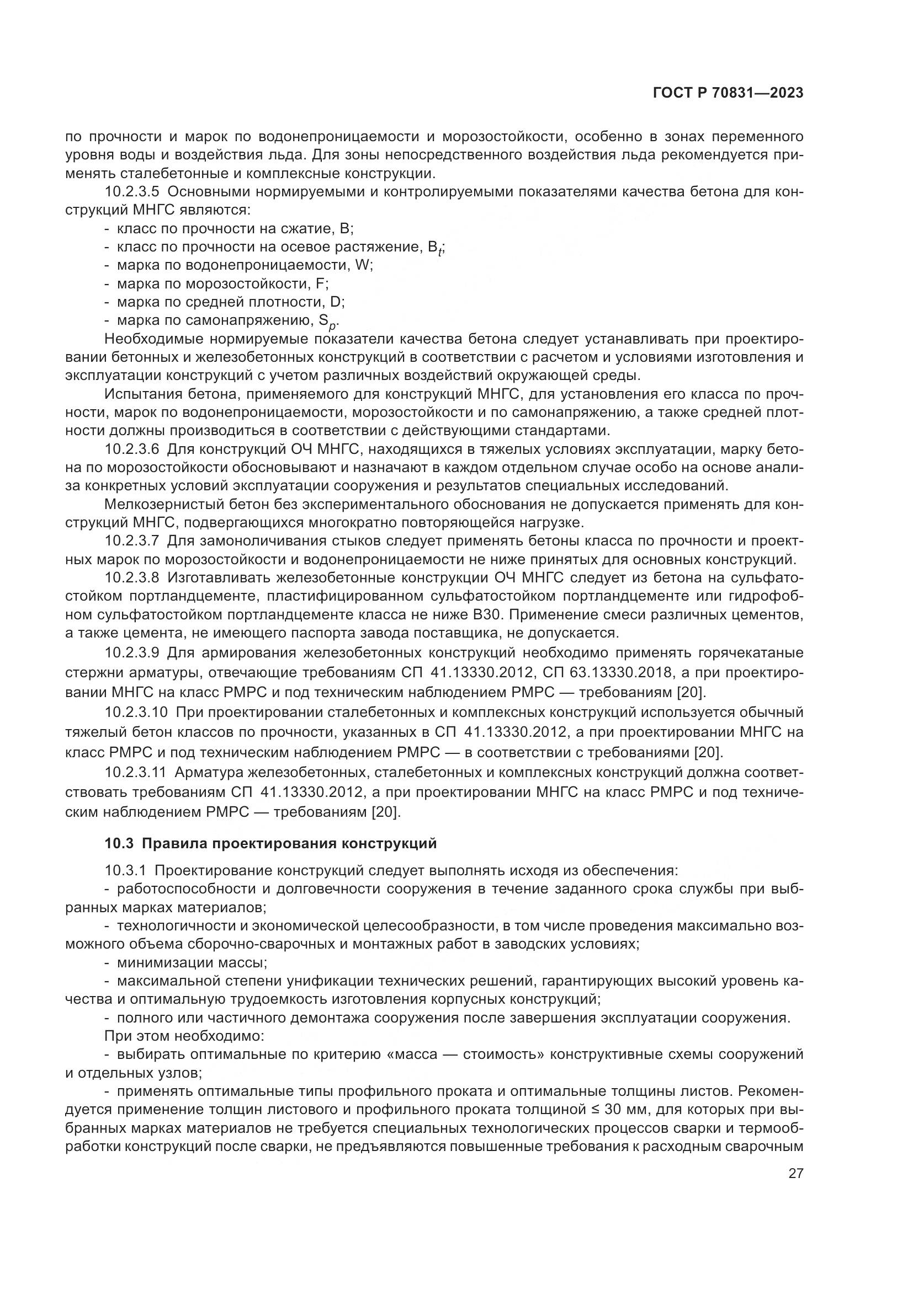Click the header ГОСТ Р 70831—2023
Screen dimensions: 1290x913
[x=728, y=93]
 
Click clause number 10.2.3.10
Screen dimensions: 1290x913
[x=136, y=713]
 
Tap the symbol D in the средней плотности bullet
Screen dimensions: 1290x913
[x=336, y=302]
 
